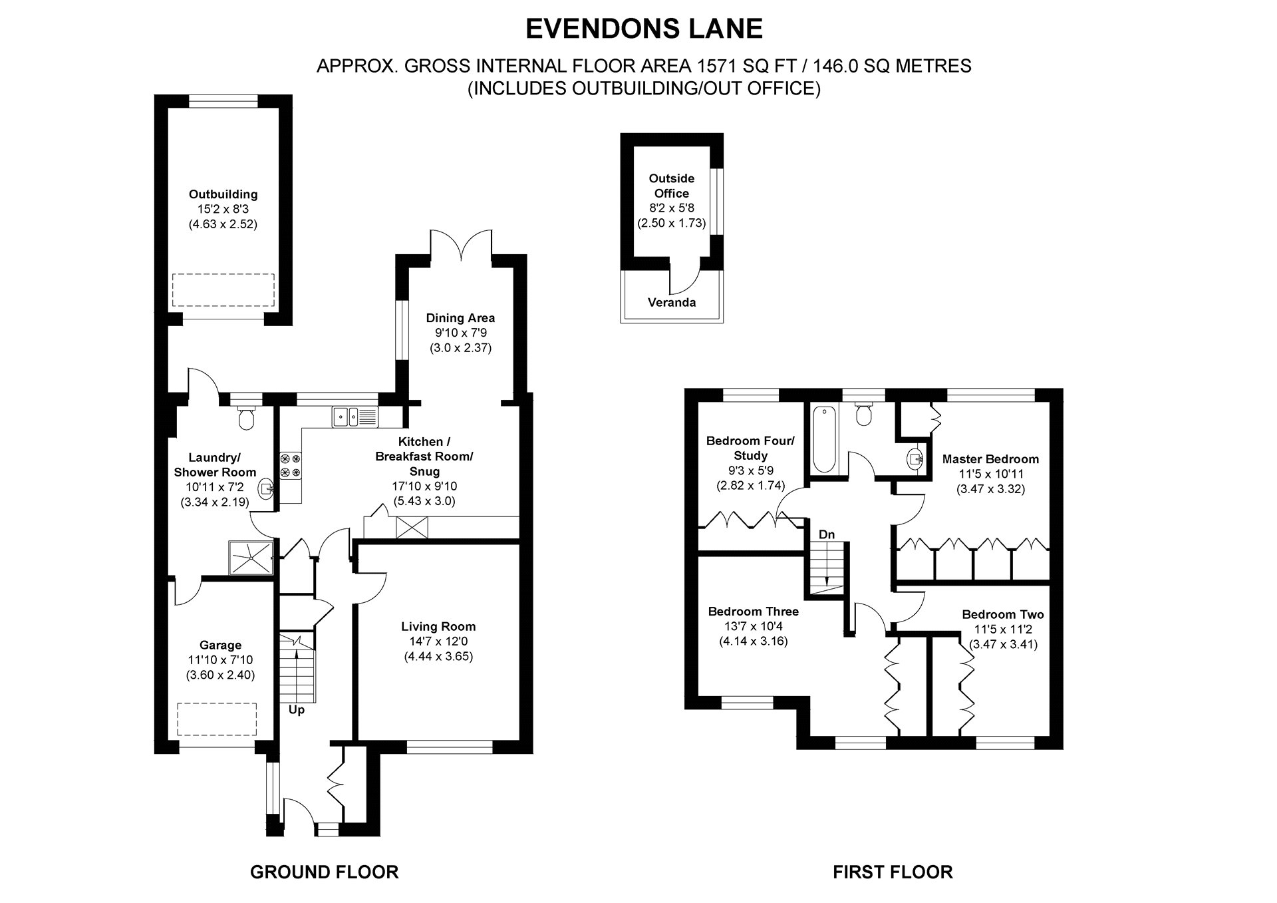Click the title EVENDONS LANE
pos(643,29)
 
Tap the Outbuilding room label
pos(223,194)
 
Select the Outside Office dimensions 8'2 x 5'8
pos(671,208)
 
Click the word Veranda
pos(672,303)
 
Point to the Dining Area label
pos(460,318)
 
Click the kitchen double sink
pos(355,417)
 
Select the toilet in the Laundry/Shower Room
pos(246,417)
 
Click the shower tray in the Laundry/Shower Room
pos(251,558)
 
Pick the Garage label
pos(220,645)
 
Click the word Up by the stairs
pos(297,710)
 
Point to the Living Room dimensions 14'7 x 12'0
pos(438,641)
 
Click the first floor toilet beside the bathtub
pos(864,415)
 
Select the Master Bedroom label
pos(990,459)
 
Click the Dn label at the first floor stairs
pos(826,534)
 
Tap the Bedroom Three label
pos(753,612)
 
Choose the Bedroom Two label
pos(1002,615)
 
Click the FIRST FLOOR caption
pos(893,872)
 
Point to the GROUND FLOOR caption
pos(324,872)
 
